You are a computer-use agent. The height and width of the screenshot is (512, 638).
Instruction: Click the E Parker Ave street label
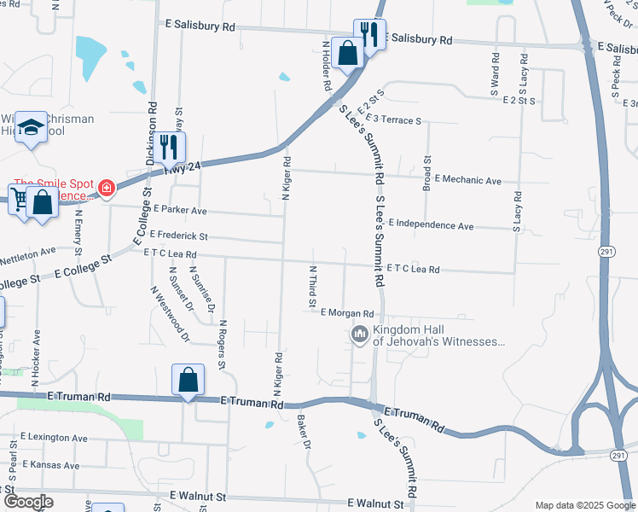point(180,210)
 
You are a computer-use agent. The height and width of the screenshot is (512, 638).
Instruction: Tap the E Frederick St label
point(178,235)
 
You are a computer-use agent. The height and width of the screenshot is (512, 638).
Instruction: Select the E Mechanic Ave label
point(467,180)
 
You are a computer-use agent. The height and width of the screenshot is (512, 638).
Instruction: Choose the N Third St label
point(312,286)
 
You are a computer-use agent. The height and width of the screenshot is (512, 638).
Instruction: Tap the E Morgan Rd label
point(347,313)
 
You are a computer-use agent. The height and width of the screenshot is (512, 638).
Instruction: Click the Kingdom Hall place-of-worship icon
point(359,333)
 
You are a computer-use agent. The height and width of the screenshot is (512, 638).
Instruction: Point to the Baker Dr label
point(302,432)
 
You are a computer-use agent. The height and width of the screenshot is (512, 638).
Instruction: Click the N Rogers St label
point(222,344)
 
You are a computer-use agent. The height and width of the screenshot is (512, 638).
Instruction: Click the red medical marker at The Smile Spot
point(107,188)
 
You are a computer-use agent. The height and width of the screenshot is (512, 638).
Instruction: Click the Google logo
point(28,502)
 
